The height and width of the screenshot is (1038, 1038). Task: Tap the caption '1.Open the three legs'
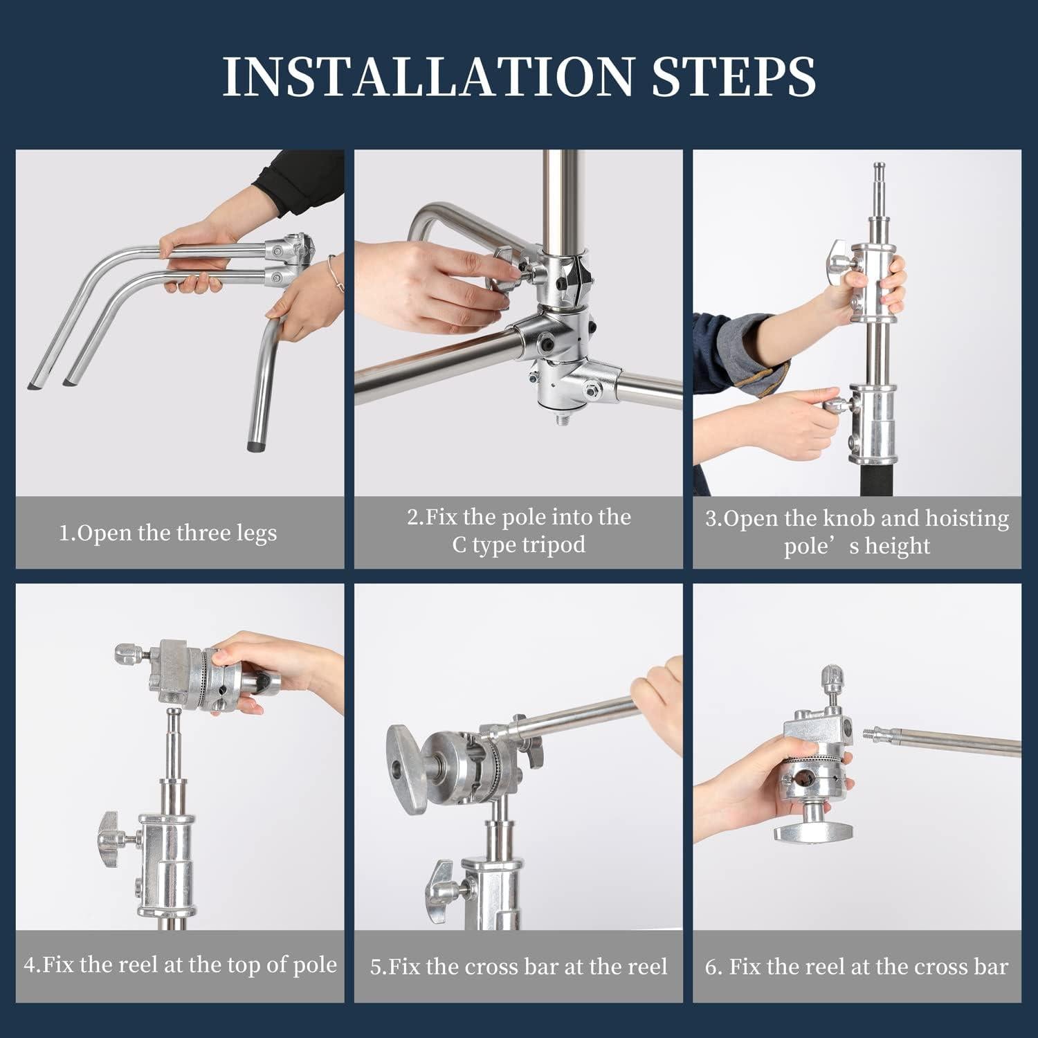[167, 534]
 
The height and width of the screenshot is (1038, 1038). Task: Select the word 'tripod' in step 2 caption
[553, 545]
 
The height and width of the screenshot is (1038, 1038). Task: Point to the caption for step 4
[181, 965]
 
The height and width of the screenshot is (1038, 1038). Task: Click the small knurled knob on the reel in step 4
[125, 651]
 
